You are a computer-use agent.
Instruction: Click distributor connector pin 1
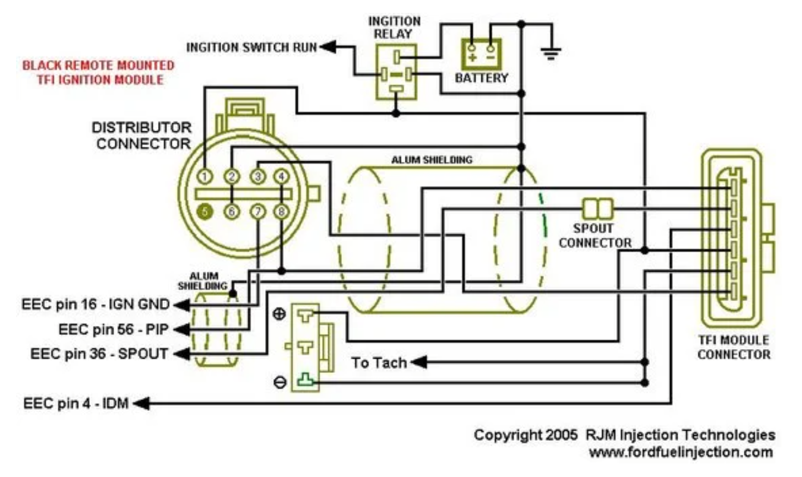click(x=205, y=176)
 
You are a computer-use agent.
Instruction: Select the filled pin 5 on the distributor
click(x=205, y=211)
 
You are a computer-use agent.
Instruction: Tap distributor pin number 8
click(x=282, y=211)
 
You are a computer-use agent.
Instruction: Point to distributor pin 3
click(x=257, y=176)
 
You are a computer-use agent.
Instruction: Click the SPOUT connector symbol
click(x=597, y=208)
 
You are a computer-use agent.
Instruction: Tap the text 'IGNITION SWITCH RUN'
click(x=251, y=47)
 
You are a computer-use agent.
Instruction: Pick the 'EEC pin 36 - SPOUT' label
click(x=99, y=353)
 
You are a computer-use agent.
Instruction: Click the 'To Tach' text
click(x=379, y=362)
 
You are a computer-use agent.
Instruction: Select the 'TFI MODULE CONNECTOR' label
click(x=733, y=347)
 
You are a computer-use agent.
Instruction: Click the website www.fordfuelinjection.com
click(x=681, y=452)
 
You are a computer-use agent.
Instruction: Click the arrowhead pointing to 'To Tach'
click(x=417, y=362)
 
